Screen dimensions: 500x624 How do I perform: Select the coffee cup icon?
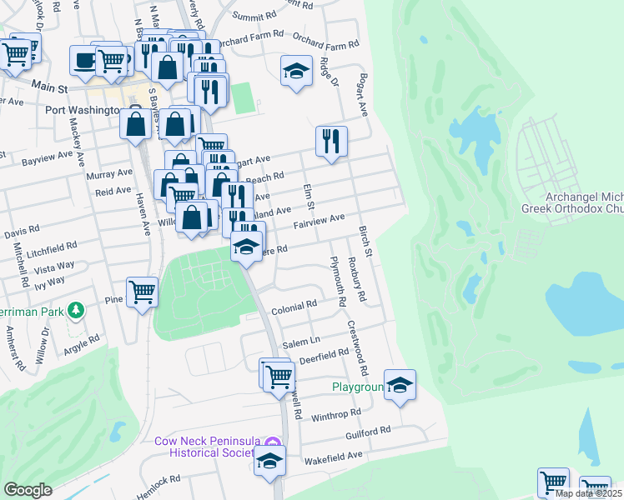(85, 60)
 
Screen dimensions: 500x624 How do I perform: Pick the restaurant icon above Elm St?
(331, 141)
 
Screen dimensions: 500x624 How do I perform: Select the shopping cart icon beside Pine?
(143, 292)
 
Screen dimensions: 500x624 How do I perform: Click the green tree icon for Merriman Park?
(77, 310)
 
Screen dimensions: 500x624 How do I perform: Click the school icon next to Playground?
(400, 385)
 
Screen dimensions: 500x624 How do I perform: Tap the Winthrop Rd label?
(338, 412)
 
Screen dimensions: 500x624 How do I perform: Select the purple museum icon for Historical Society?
(272, 441)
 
